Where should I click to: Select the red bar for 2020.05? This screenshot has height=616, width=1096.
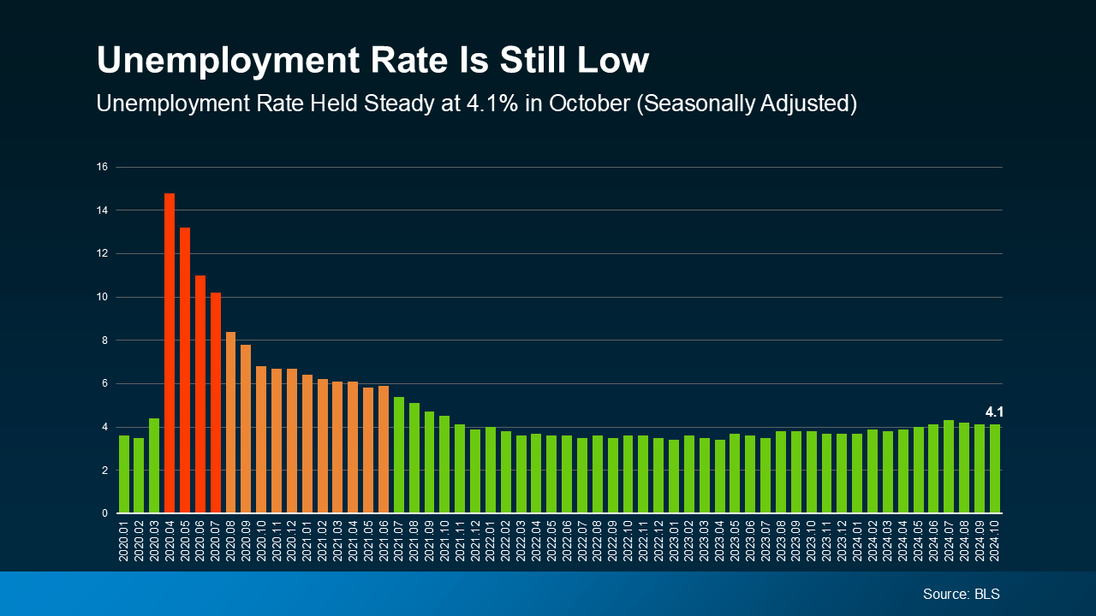(185, 370)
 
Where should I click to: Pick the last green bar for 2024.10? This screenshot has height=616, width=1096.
(995, 469)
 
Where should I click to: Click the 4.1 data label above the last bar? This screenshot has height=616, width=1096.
(994, 412)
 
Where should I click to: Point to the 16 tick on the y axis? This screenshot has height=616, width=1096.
(102, 167)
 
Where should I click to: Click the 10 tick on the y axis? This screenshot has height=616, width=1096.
(102, 297)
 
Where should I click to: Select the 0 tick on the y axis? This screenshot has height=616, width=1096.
(104, 513)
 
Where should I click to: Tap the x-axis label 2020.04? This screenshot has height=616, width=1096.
(170, 542)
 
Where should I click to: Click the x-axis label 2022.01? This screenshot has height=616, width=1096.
(491, 542)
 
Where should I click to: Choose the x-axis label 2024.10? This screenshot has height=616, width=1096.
(995, 542)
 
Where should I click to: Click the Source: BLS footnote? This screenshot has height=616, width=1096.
(961, 594)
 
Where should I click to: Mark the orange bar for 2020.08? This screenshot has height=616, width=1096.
(230, 423)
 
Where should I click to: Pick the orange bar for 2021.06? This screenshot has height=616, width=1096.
(384, 449)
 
